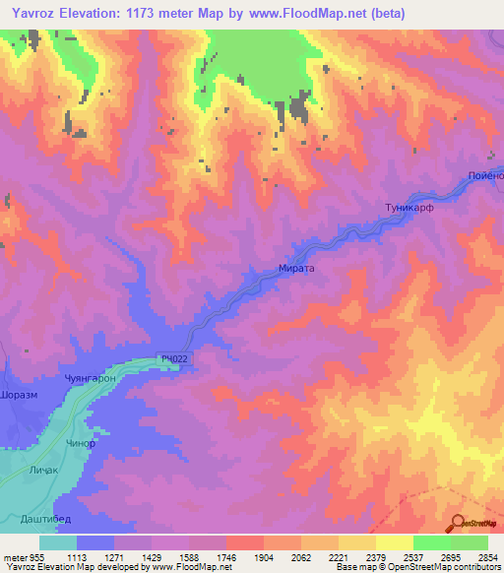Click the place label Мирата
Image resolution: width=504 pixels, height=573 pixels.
coord(295,266)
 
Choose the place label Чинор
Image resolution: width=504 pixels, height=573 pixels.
coord(82,442)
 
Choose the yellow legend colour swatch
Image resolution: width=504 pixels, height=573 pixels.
coord(395,542)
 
